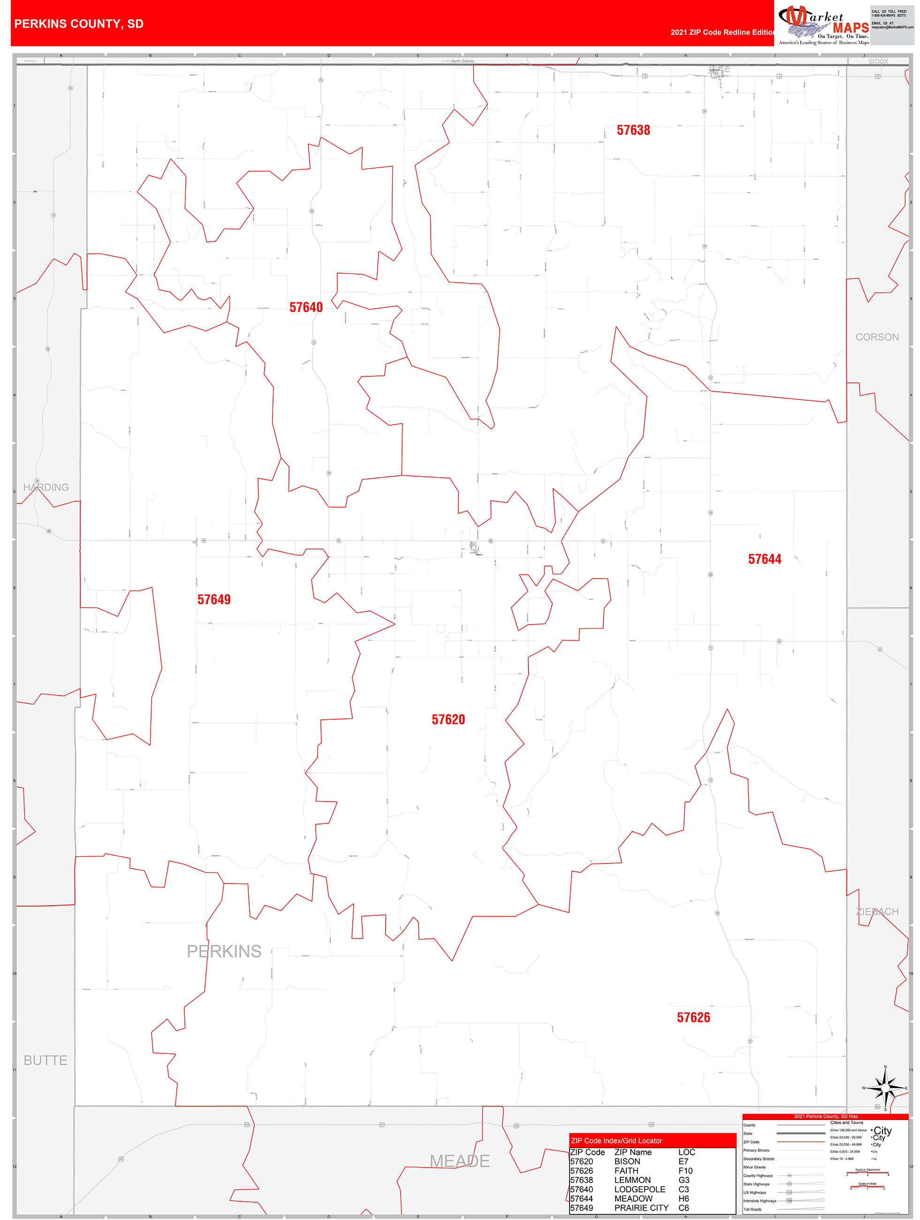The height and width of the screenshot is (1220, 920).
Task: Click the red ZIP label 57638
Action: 633,130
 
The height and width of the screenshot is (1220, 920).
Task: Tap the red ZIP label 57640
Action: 306,307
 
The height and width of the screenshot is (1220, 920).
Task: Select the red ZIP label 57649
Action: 214,600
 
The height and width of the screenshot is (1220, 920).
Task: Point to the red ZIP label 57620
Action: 449,720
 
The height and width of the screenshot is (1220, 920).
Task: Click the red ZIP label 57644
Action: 764,559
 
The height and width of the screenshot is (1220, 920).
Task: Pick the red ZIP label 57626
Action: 693,1018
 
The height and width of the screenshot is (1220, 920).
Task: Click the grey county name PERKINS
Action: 224,952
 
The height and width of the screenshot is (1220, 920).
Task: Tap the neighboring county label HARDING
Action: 46,487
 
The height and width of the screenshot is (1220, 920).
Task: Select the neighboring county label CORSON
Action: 877,337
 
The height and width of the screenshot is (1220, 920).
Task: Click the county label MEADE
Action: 459,1161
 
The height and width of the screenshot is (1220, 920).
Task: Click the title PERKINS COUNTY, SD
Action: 79,24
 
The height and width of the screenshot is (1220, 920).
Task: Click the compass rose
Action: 885,1088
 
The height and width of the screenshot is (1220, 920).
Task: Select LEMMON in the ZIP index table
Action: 632,1180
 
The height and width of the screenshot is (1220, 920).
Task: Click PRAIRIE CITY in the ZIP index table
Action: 641,1208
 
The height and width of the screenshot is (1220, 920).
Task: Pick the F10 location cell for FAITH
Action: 685,1170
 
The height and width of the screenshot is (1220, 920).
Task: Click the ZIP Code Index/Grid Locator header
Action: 616,1141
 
